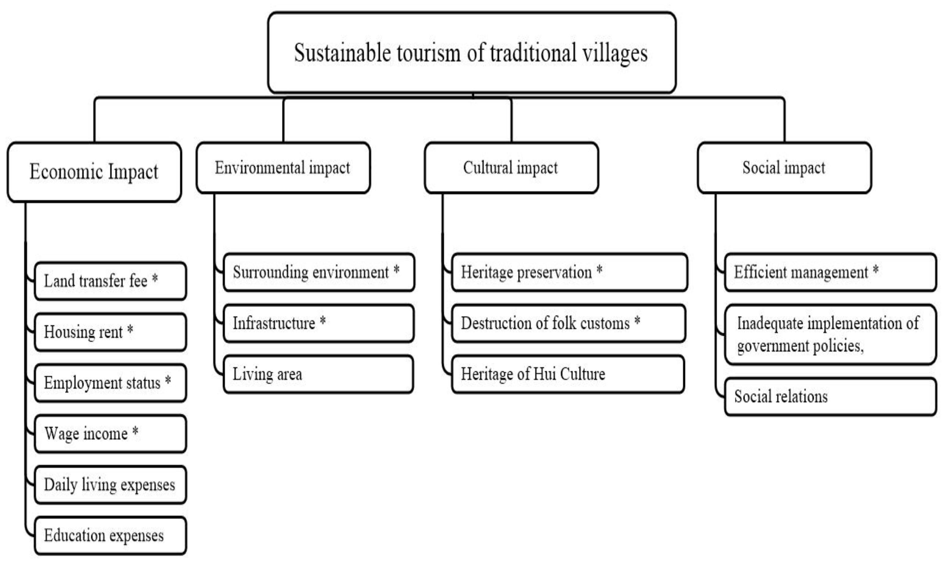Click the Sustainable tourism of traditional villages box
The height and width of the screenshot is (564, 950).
[471, 52]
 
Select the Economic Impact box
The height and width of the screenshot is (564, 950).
[94, 172]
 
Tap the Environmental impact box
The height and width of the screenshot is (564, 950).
[283, 167]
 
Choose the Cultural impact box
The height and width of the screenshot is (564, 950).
[511, 167]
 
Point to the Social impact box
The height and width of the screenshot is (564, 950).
[784, 167]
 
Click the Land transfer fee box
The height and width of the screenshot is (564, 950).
[110, 281]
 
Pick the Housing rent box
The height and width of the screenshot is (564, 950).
[110, 332]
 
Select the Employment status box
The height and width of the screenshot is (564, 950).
[110, 383]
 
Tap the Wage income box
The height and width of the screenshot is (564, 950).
[110, 434]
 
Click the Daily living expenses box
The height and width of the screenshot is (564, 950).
[110, 485]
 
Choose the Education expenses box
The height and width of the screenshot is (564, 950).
[110, 536]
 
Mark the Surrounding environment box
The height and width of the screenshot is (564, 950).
[318, 272]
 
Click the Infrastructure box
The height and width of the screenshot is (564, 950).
[318, 323]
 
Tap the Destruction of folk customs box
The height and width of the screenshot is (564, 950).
[568, 323]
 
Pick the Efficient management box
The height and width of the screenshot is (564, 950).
[830, 272]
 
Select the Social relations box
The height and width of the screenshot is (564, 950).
[830, 397]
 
